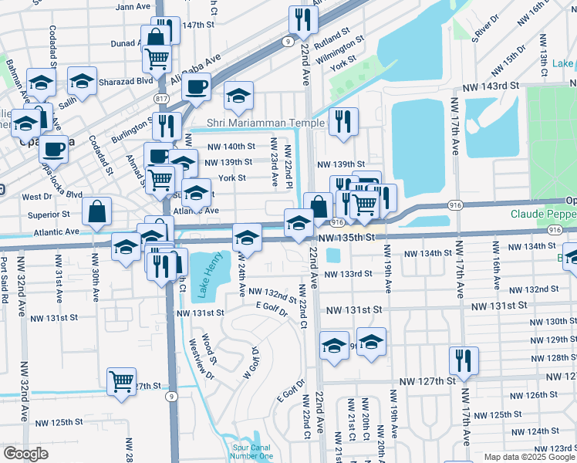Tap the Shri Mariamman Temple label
(x=266, y=123)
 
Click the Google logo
(x=25, y=454)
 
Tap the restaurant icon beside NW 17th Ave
(x=464, y=360)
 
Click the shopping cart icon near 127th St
(x=122, y=381)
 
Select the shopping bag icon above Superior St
(x=97, y=211)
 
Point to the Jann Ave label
(x=132, y=6)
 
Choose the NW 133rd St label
(x=348, y=274)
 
